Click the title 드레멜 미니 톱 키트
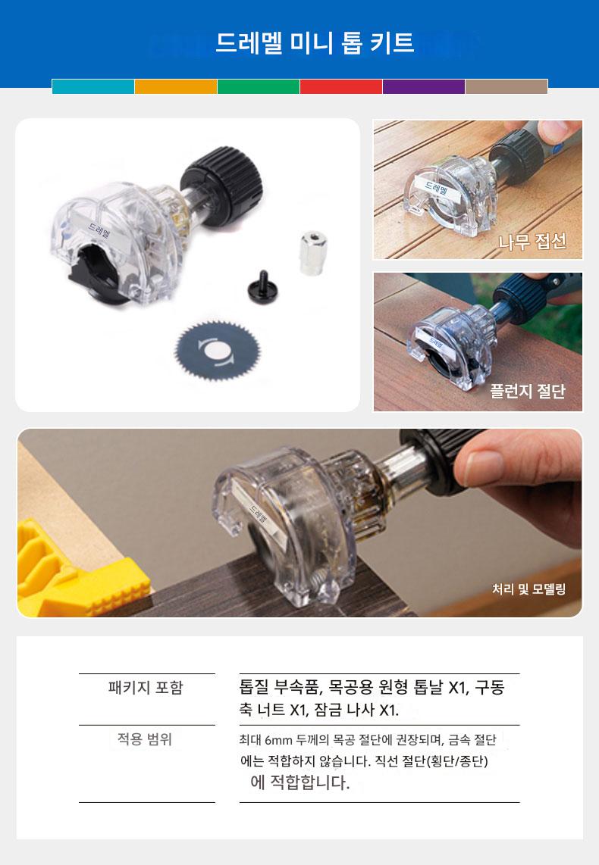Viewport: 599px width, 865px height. [x=314, y=42]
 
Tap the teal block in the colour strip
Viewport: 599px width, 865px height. [x=93, y=86]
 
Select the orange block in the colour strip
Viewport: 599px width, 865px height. [x=176, y=86]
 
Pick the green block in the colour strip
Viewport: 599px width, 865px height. [x=259, y=86]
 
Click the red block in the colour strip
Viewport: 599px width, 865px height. [x=341, y=86]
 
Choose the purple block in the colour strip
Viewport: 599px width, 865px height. [x=424, y=86]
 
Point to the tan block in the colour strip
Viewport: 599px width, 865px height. [x=506, y=86]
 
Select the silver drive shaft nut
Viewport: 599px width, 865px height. [x=313, y=253]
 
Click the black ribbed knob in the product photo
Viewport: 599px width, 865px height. [x=222, y=186]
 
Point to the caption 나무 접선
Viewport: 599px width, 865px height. [x=532, y=241]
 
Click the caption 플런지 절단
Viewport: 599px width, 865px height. [x=528, y=391]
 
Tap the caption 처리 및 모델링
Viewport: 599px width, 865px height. [x=529, y=589]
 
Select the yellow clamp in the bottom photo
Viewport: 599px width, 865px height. [x=77, y=568]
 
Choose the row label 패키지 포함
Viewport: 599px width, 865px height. [x=146, y=687]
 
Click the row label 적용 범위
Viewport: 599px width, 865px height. [x=145, y=739]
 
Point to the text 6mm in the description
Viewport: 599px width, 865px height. [x=279, y=740]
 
